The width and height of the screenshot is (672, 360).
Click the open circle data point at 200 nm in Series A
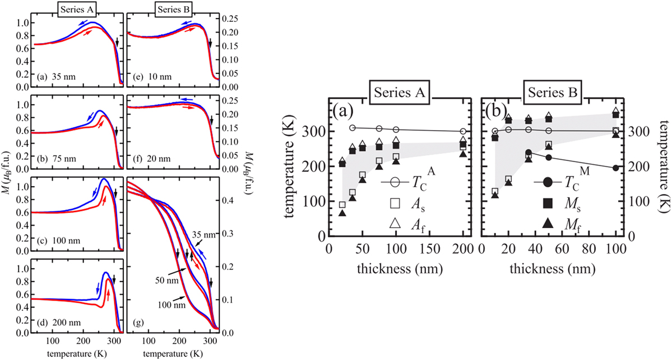[x=463, y=131]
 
